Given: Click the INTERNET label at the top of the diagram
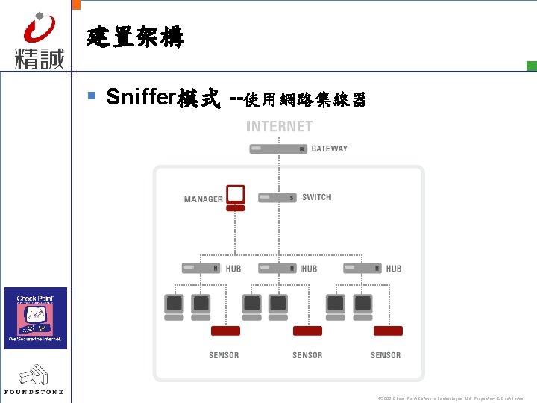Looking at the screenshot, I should tap(280, 127).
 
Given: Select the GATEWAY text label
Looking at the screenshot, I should tap(329, 149).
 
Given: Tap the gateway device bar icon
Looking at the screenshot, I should tap(278, 149).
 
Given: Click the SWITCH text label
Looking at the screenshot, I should tap(316, 198).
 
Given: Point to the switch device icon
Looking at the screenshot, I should tap(277, 198).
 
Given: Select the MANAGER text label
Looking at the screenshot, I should tap(203, 199).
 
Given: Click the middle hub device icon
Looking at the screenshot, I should tap(277, 268).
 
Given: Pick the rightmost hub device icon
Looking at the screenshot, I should tap(362, 268).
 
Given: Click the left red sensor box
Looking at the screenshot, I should tap(225, 331).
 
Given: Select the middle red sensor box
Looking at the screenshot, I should tap(307, 331).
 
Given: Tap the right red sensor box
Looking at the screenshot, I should tap(388, 331).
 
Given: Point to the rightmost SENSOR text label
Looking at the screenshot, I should tap(386, 355).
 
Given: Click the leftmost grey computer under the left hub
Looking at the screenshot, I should tap(174, 307).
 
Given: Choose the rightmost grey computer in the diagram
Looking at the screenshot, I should tap(362, 307).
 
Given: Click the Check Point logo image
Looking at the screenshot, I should tap(36, 318).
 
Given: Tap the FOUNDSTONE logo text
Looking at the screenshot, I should tap(34, 391).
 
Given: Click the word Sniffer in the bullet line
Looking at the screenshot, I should tap(139, 97).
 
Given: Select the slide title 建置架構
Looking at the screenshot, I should tap(135, 37).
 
